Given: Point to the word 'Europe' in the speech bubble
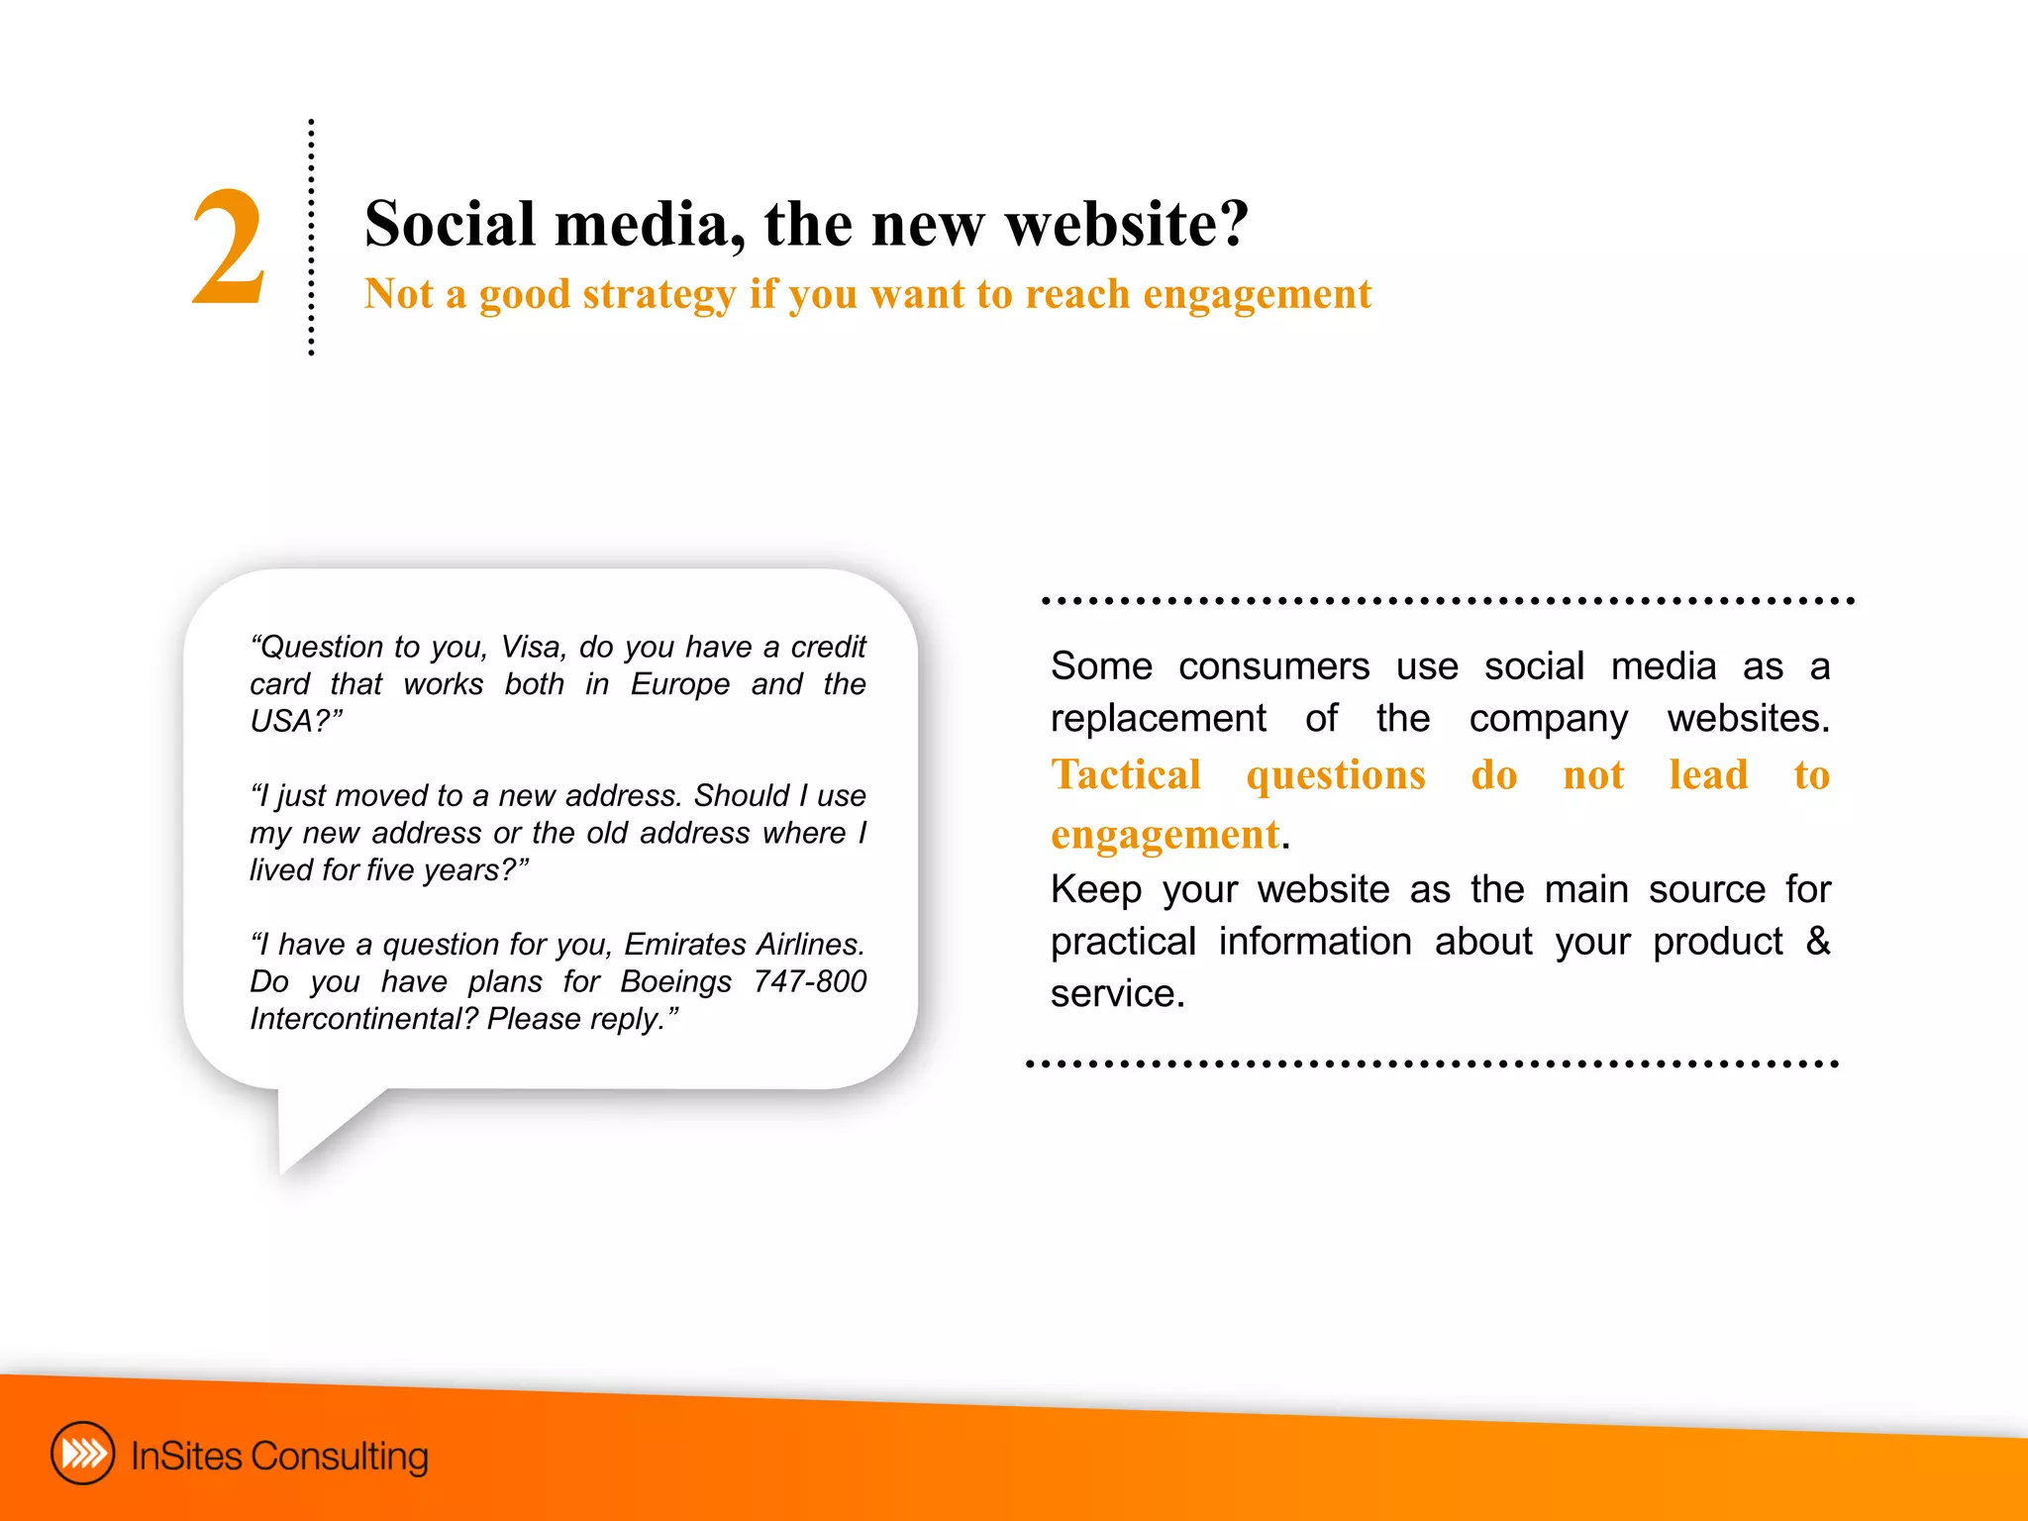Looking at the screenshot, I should point(680,684).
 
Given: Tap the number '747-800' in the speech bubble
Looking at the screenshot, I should point(809,981).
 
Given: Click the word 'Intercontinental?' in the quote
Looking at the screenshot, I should point(363,1019).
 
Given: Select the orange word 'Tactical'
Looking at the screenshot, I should point(1126,775).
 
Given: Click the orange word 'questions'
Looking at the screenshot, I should point(1336,775).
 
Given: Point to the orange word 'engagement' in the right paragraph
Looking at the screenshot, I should point(1165,835).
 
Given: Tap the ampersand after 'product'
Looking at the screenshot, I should point(1817,941).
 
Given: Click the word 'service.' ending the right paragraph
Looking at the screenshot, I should point(1117,993).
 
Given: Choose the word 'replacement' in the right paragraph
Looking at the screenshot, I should point(1158,718).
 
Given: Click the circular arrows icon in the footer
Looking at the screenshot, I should point(83,1454).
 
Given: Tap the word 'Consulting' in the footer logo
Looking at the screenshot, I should point(339,1457).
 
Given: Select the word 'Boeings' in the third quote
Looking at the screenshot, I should point(675,981).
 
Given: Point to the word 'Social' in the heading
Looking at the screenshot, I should point(450,224).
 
